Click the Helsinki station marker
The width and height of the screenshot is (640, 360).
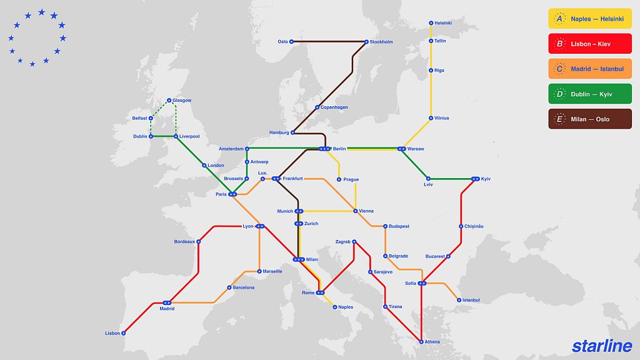point(431,23)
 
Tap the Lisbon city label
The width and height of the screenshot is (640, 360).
point(112,333)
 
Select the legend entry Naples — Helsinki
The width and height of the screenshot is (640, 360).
point(589,19)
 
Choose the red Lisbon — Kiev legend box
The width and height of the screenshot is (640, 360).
point(589,44)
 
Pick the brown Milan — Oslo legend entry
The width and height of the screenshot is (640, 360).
point(589,119)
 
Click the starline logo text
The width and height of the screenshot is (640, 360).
point(601,346)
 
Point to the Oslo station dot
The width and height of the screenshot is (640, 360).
point(292,42)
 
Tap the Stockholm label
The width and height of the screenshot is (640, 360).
point(381,42)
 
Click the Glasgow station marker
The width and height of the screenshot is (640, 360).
point(169,100)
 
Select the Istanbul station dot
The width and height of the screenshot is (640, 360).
point(459,300)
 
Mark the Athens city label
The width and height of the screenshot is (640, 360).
point(432,342)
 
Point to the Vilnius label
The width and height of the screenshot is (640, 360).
point(441,118)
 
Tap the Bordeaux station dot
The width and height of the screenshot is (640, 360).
point(199,241)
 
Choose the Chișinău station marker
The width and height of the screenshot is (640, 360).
point(461,226)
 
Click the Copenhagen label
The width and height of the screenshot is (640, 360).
point(334,107)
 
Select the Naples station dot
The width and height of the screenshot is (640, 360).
point(335,307)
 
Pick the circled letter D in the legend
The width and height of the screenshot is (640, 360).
point(559,94)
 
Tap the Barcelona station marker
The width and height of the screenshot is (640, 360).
point(229,287)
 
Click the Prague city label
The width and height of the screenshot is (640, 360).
point(351,179)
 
